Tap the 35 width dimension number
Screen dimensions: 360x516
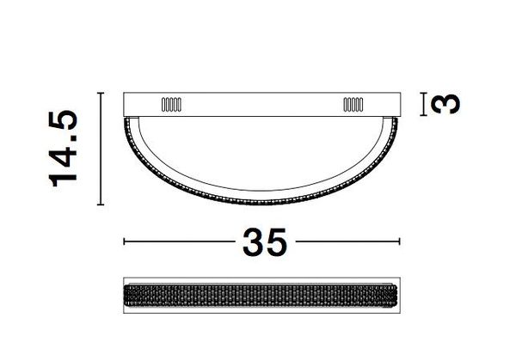point(263,242)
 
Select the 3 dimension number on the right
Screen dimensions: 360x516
point(443,104)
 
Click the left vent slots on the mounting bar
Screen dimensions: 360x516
point(170,105)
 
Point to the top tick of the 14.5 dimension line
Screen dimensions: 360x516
point(102,91)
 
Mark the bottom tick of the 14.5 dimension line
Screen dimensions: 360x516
point(102,204)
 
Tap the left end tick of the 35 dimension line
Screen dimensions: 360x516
point(126,242)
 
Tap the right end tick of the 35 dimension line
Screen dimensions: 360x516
point(401,242)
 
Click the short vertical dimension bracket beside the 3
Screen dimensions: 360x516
point(422,104)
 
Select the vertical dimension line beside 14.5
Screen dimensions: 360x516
point(102,148)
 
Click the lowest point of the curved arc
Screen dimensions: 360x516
point(263,203)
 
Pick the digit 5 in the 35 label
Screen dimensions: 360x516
point(277,242)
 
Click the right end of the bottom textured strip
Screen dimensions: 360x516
point(398,295)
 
